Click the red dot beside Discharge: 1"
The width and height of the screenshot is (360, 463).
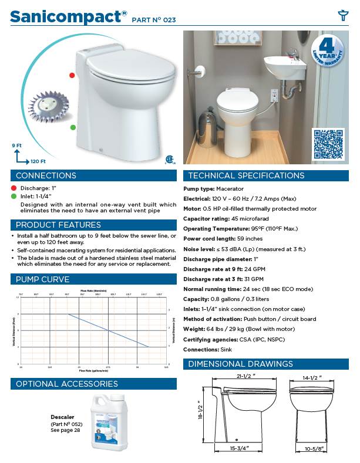(x=14, y=188)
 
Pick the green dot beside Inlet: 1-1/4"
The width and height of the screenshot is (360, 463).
(x=14, y=196)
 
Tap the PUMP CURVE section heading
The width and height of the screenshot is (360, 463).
(x=42, y=279)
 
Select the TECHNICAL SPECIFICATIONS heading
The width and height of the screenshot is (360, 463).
(x=245, y=175)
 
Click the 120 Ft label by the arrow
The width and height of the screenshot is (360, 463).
(x=38, y=161)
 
